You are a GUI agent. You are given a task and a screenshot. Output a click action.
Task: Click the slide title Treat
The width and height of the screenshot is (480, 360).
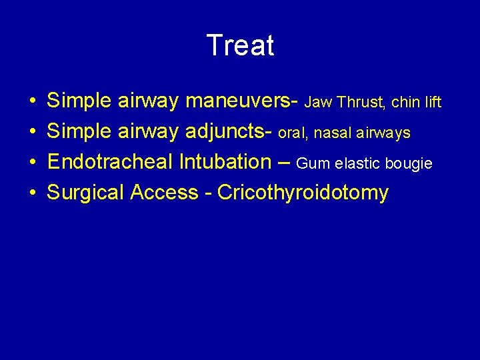240,45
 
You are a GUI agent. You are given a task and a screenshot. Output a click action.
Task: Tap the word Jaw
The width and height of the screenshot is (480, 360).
319,103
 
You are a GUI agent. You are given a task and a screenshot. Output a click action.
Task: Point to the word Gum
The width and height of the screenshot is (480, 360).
311,163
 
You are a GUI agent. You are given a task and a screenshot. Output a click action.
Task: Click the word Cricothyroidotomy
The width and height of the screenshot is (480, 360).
303,193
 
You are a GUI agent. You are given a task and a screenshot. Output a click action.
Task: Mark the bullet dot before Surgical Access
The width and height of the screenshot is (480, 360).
33,193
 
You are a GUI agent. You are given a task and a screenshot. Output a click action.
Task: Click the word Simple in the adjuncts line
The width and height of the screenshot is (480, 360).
79,132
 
